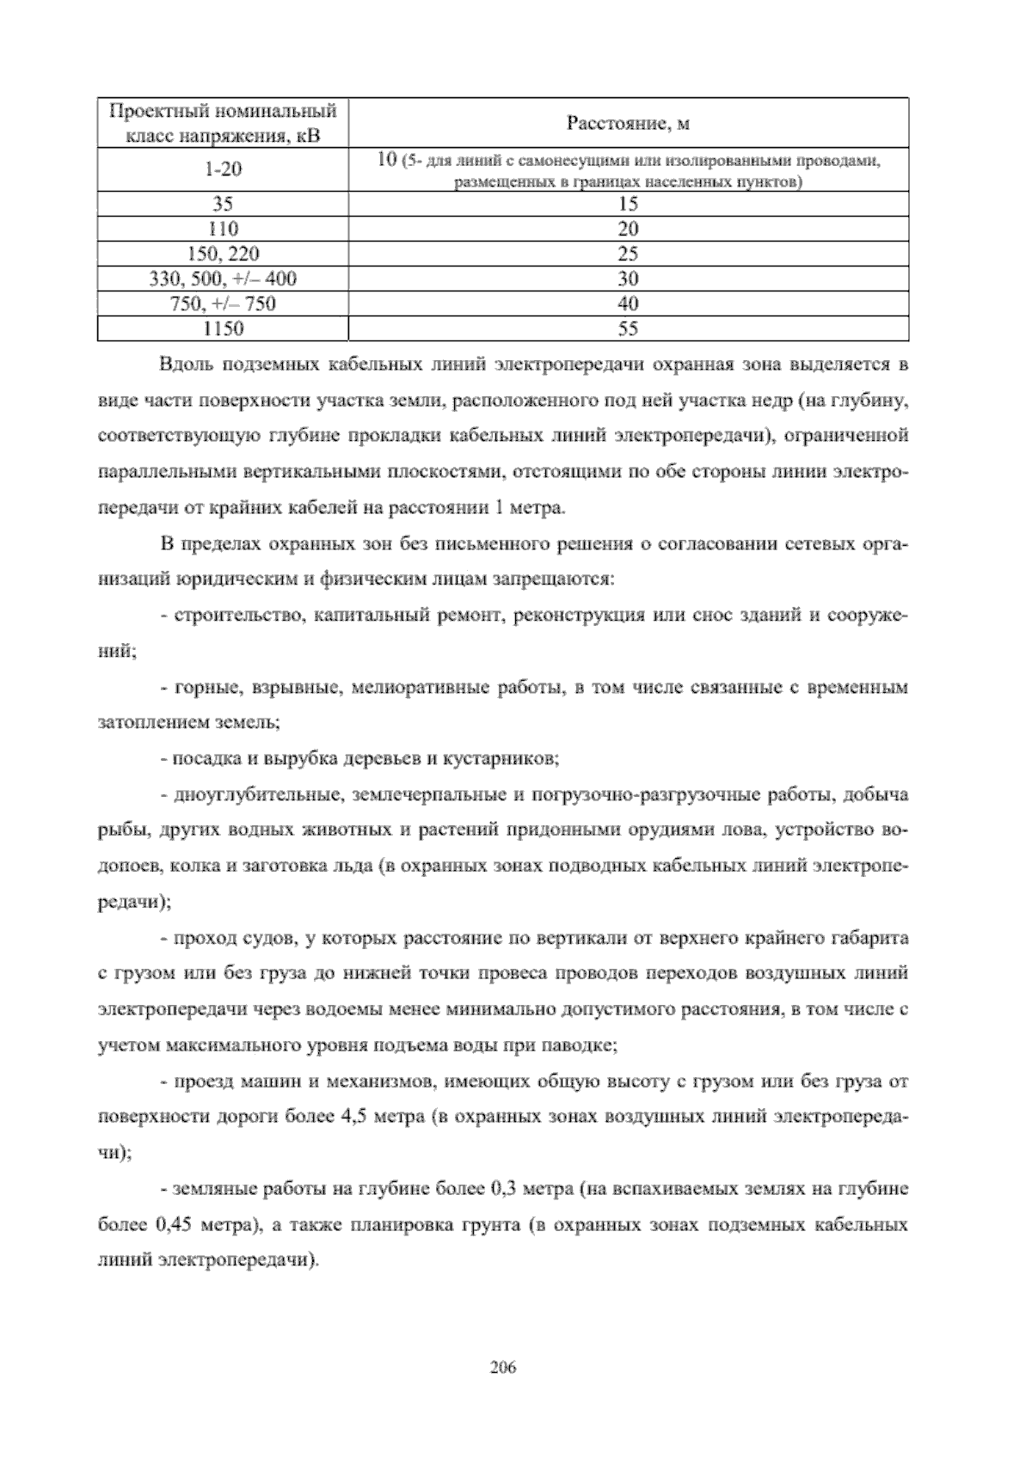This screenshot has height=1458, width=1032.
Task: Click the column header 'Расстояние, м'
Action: [x=628, y=125]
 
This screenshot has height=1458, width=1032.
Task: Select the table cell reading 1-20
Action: [x=223, y=169]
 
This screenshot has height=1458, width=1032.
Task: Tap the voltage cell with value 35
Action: [x=223, y=204]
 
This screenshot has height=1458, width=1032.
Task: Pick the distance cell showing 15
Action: [x=628, y=204]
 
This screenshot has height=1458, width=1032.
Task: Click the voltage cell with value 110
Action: [x=223, y=229]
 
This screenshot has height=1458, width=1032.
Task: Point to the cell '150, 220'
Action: [x=223, y=254]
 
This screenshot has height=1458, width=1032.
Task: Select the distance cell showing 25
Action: [x=628, y=254]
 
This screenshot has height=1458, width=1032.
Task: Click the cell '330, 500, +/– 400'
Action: [x=223, y=279]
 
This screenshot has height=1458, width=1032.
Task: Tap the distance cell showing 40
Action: [x=628, y=303]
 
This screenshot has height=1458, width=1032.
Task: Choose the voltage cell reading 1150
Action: [x=223, y=328]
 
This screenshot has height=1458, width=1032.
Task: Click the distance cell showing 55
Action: [x=628, y=328]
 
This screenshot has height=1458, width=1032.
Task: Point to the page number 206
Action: [x=501, y=1368]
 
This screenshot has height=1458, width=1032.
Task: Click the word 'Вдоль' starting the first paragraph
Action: [x=187, y=364]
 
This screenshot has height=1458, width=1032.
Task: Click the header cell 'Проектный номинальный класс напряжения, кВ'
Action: [x=223, y=125]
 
